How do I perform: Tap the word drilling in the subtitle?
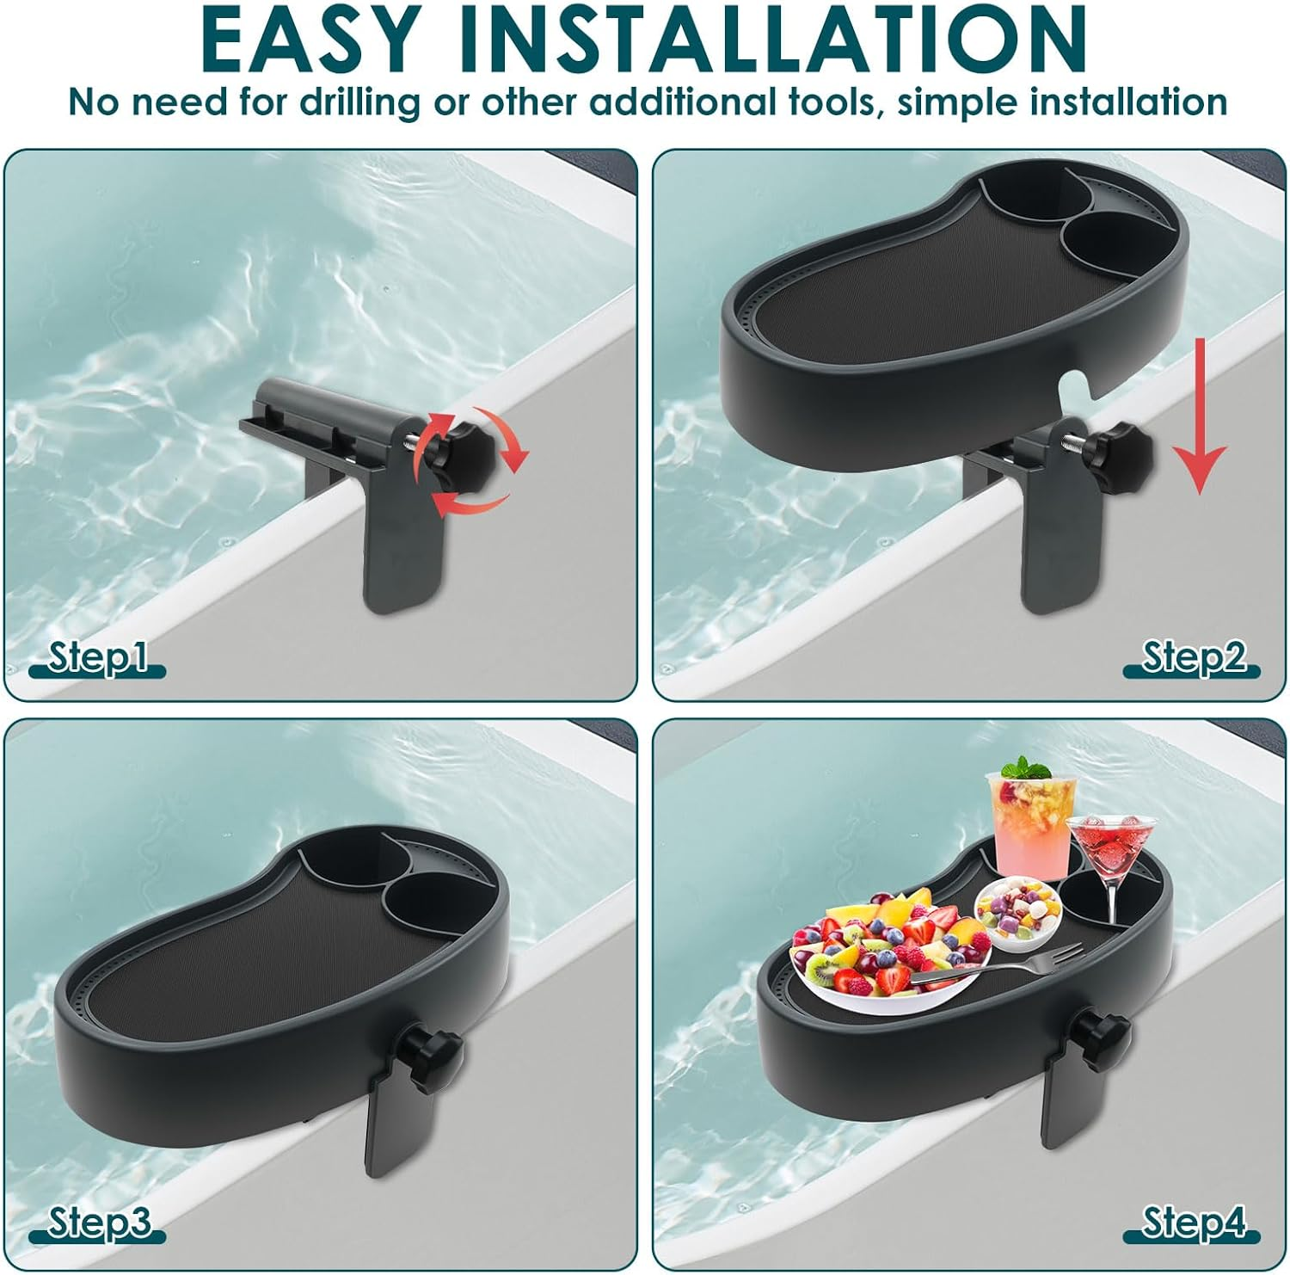click(360, 102)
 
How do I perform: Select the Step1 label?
click(96, 657)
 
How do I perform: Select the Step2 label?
click(1193, 657)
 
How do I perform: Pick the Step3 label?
click(99, 1222)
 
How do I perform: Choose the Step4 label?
click(1194, 1222)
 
